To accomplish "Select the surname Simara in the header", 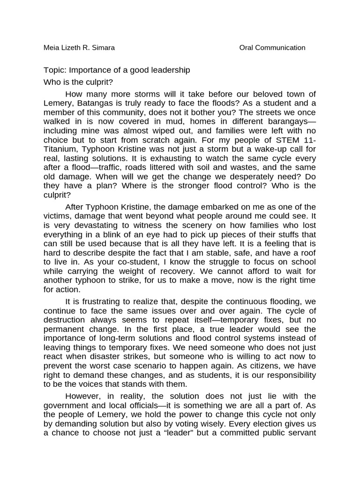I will coord(103,47).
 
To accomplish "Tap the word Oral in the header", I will coord(247,47).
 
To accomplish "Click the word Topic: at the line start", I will coord(55,70).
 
